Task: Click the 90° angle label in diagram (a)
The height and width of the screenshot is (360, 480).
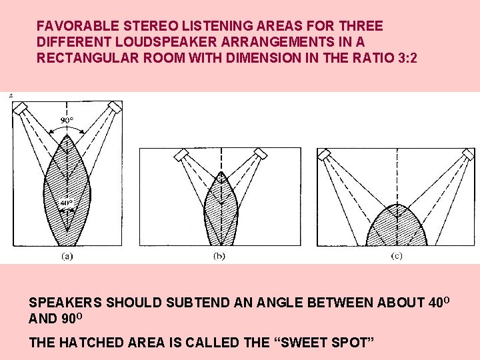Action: (x=68, y=121)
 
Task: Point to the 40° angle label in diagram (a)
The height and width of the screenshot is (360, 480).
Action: (x=66, y=203)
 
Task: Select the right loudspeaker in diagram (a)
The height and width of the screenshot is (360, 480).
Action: (x=115, y=107)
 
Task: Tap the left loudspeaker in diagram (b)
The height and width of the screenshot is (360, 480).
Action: (x=181, y=155)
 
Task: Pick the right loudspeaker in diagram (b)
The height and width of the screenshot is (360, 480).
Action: (x=260, y=155)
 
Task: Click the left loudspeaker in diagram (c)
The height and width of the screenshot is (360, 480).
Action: (x=325, y=155)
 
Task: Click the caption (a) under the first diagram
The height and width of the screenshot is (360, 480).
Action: (x=67, y=255)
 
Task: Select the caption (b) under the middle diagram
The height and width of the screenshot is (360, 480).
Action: (x=219, y=255)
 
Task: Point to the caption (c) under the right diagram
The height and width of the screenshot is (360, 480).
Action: (x=397, y=255)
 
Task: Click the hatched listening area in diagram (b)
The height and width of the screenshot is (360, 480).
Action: (x=220, y=213)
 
